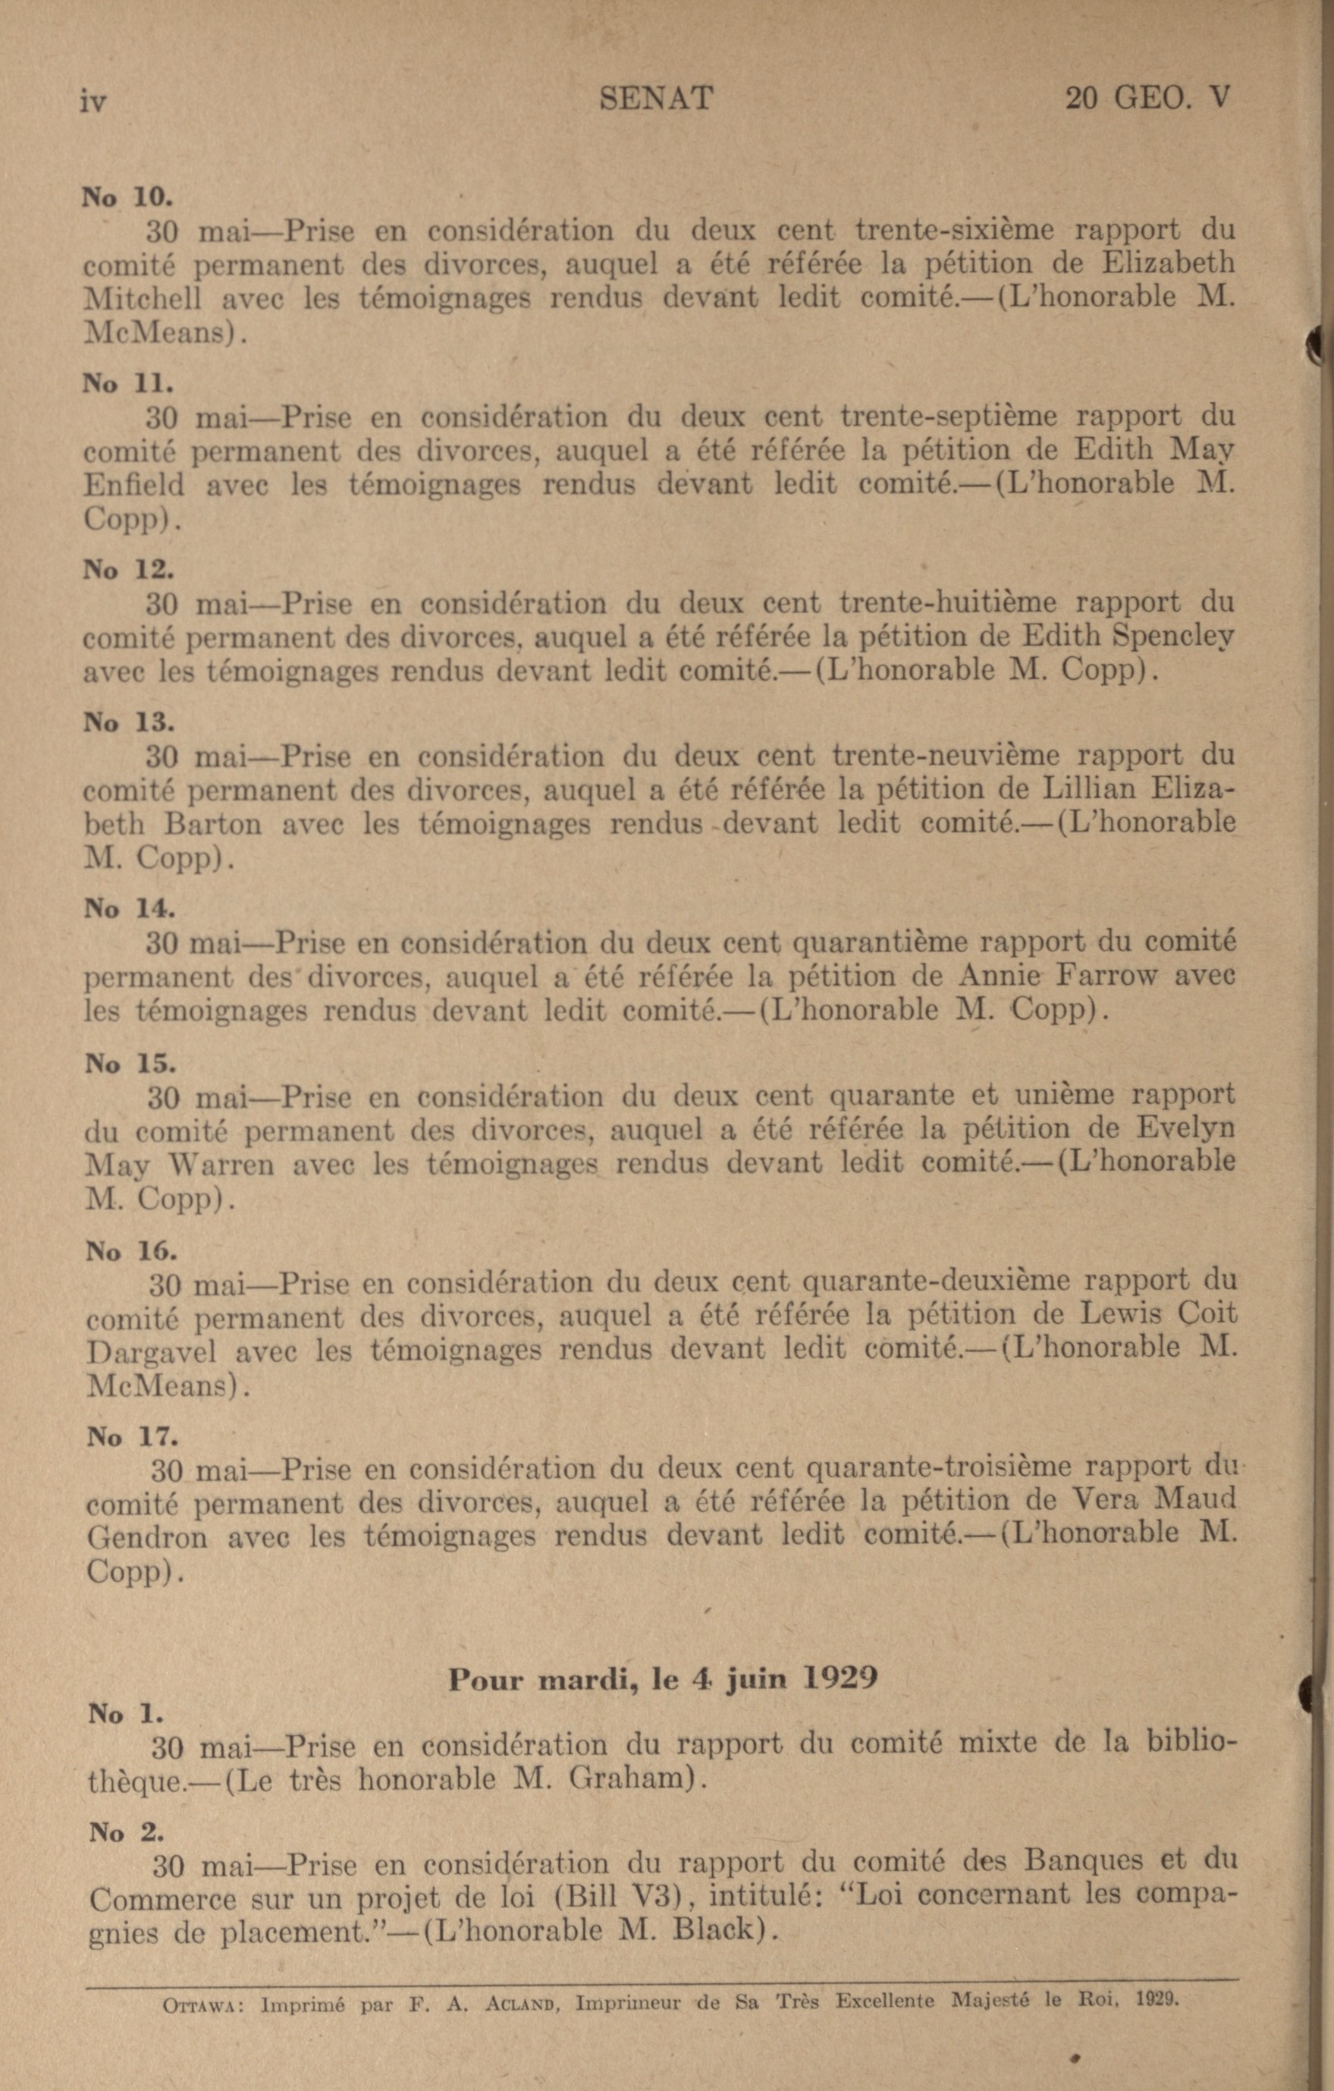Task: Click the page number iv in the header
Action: tap(93, 102)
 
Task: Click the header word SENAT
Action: tap(656, 98)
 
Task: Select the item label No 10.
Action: tap(127, 197)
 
